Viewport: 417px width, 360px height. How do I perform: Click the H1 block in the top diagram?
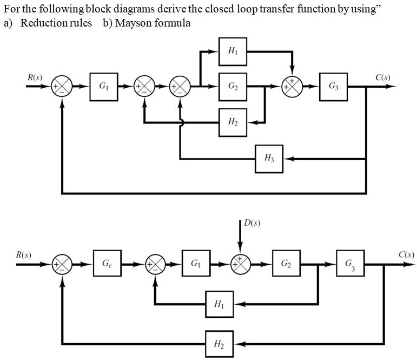point(233,51)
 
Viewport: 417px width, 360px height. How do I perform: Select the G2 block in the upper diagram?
point(233,86)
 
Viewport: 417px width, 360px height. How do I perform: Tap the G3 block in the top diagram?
point(333,86)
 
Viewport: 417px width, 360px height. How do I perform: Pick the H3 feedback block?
point(269,159)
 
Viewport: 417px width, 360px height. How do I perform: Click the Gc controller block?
point(107,264)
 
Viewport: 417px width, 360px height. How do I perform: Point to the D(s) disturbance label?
point(253,222)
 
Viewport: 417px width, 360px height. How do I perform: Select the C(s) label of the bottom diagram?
point(406,254)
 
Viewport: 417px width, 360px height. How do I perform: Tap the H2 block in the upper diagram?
point(233,122)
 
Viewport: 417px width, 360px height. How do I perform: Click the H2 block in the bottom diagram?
point(219,343)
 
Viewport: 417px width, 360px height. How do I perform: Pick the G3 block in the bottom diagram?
point(350,264)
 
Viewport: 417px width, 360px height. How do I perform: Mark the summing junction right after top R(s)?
point(62,86)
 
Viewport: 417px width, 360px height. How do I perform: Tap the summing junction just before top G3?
point(292,86)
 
